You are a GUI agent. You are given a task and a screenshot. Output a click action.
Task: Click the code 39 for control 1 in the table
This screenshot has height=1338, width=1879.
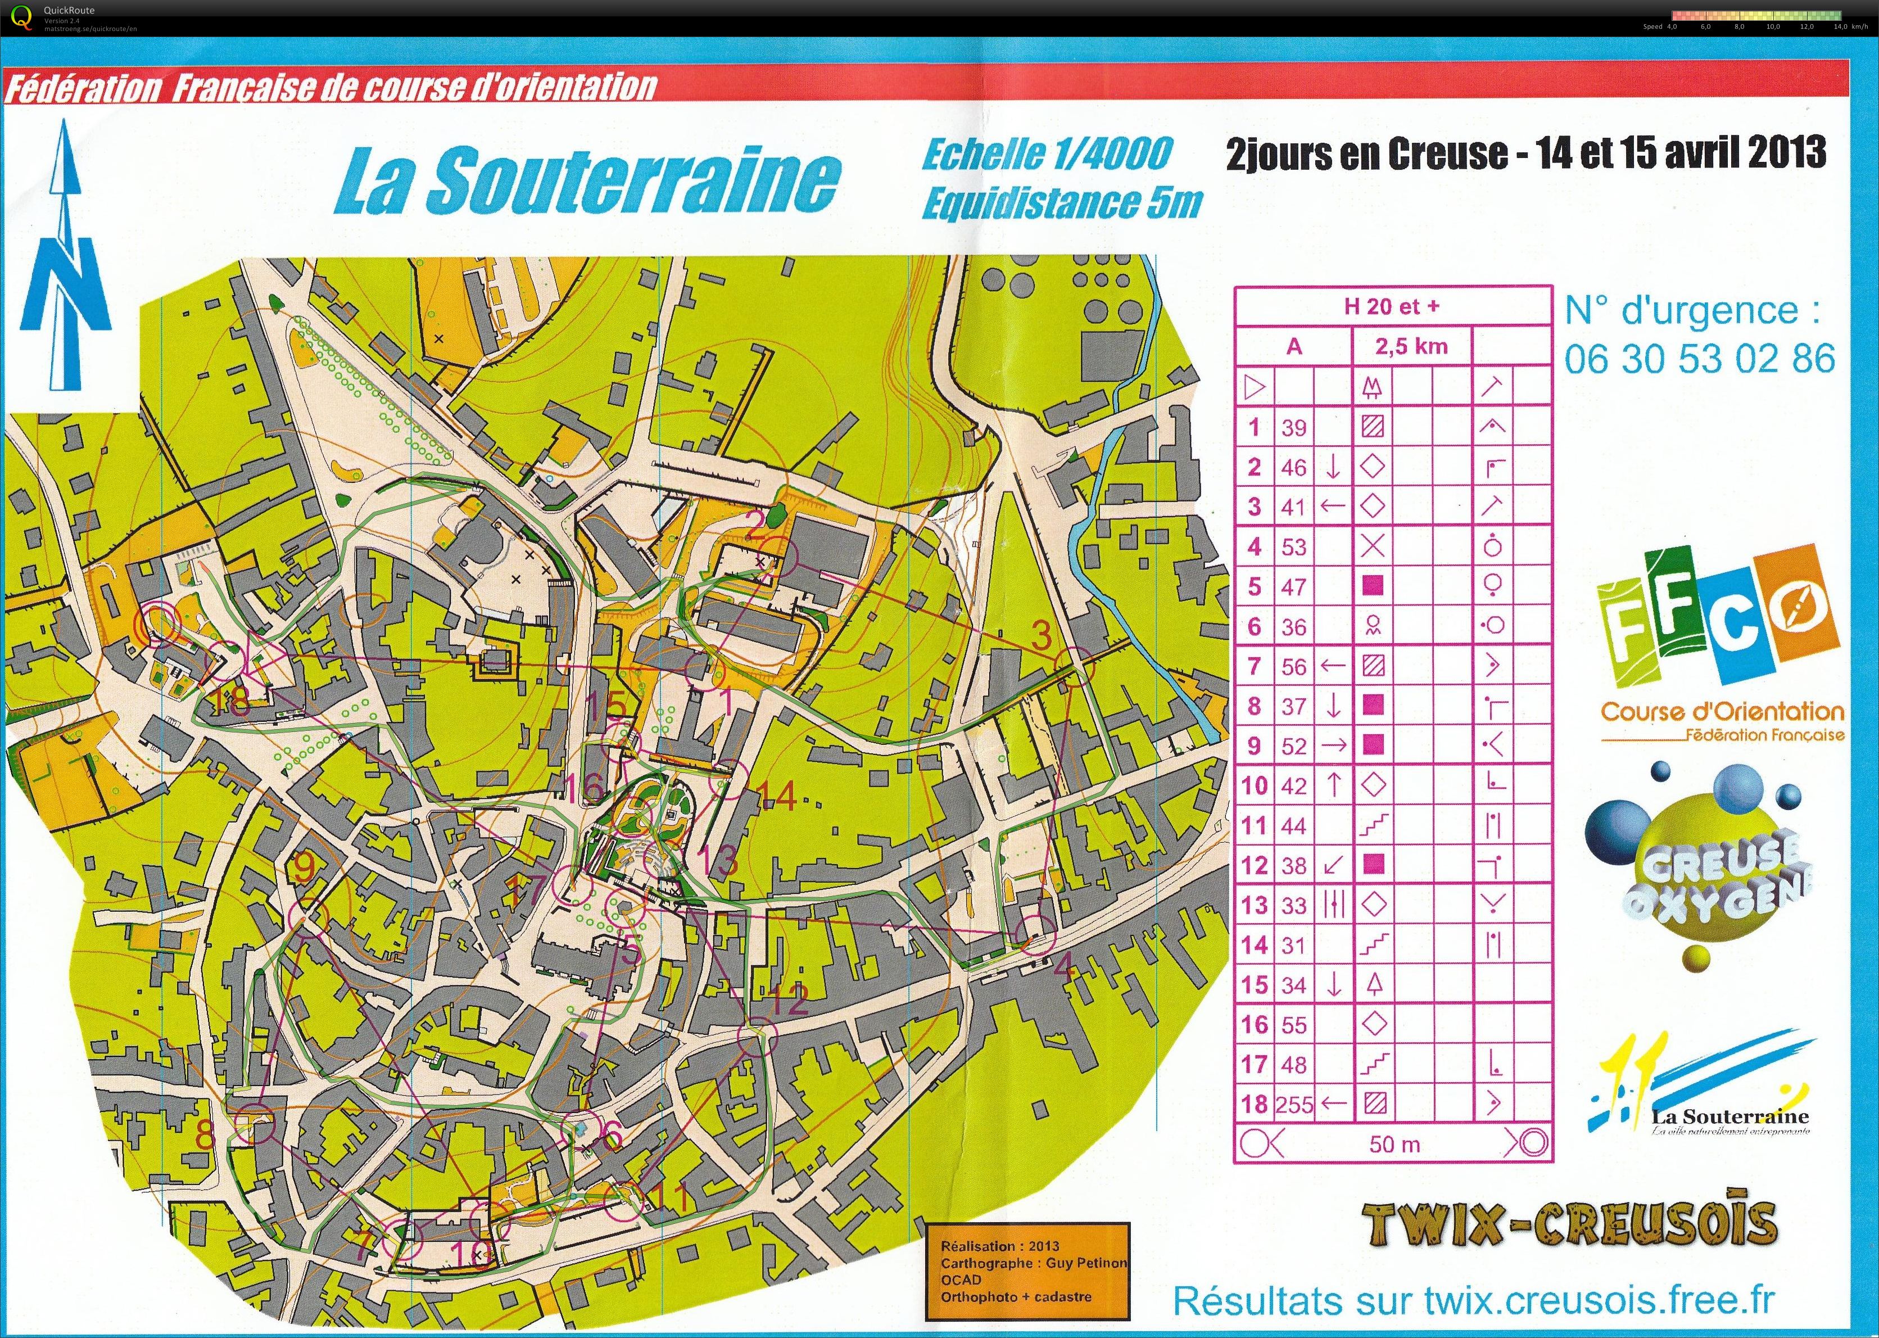click(x=1293, y=428)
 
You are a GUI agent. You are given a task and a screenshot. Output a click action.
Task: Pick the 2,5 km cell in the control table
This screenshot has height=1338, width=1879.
click(x=1411, y=347)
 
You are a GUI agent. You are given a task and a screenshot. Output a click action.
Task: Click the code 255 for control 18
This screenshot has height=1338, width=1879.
click(x=1294, y=1105)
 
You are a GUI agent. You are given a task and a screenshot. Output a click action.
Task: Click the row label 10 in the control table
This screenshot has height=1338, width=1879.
click(x=1254, y=785)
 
